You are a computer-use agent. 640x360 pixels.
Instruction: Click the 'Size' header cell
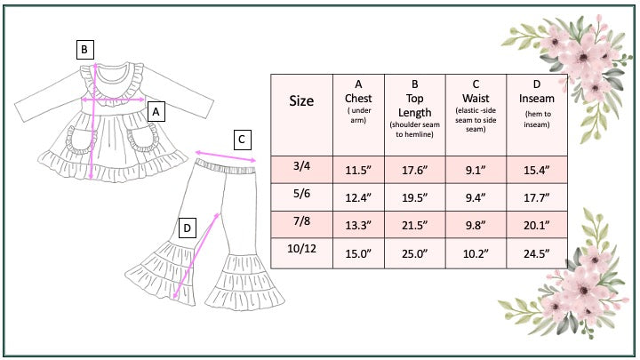pos(301,101)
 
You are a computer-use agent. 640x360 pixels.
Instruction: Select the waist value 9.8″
pos(476,226)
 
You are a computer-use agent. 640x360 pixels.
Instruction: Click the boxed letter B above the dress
pos(84,50)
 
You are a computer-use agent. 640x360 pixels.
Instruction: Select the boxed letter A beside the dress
pos(156,112)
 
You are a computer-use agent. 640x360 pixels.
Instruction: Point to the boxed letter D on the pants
pos(188,228)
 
